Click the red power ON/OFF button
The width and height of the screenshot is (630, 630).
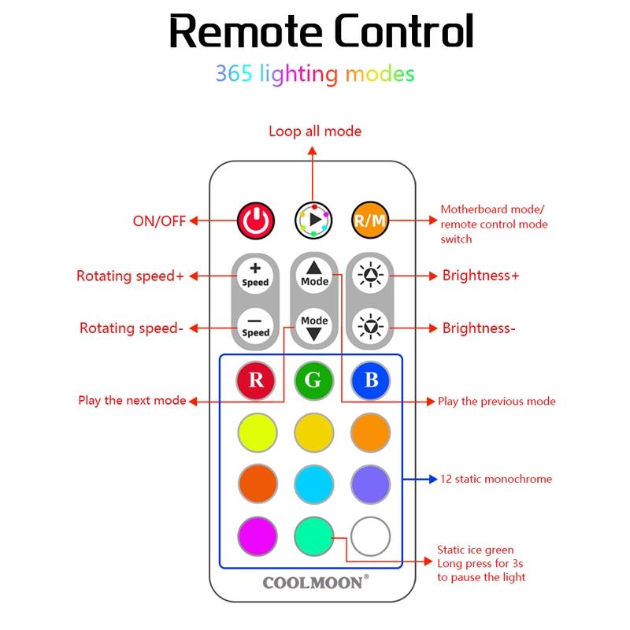coord(256,220)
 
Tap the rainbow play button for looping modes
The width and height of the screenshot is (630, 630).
coord(313,220)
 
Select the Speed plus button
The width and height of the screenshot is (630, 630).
coord(255,276)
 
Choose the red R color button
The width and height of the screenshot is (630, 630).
coord(257,380)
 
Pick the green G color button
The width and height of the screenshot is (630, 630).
coord(313,380)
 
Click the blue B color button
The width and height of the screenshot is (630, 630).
coord(371,380)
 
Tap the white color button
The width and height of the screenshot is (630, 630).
coord(371,537)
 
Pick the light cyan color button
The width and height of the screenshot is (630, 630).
coord(313,484)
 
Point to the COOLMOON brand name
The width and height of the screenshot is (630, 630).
coord(313,583)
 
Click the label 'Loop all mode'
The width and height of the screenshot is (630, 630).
coord(315,132)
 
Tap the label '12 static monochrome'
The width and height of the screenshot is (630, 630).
coord(495,479)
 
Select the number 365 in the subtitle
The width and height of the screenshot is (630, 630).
coord(234,75)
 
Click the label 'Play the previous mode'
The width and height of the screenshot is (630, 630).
coord(496,402)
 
